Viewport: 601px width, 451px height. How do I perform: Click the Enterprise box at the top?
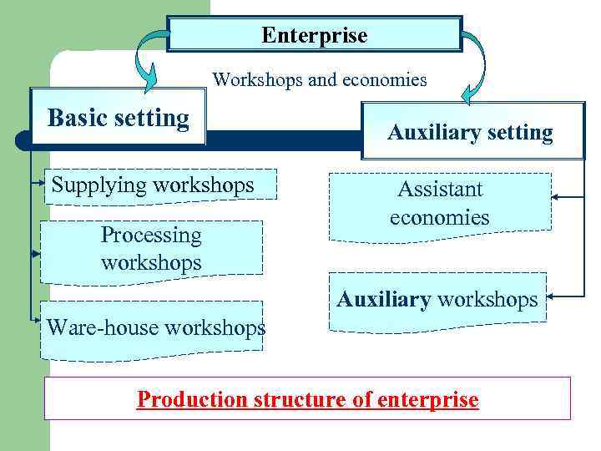coord(314,35)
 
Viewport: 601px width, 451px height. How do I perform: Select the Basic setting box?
coord(118,118)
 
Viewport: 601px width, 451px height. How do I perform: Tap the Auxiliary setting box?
coord(472,131)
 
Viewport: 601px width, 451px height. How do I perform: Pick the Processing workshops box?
coord(152,249)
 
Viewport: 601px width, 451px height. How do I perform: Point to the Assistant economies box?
coord(440,205)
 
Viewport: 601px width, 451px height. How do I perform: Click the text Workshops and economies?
coord(319,80)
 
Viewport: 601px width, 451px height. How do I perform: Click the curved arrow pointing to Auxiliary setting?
coord(478,67)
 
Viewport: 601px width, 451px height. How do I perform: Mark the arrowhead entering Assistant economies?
coord(555,197)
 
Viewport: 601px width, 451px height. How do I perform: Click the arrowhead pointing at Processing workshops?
coord(37,251)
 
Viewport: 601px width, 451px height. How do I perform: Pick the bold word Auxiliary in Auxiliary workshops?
coord(383,299)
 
